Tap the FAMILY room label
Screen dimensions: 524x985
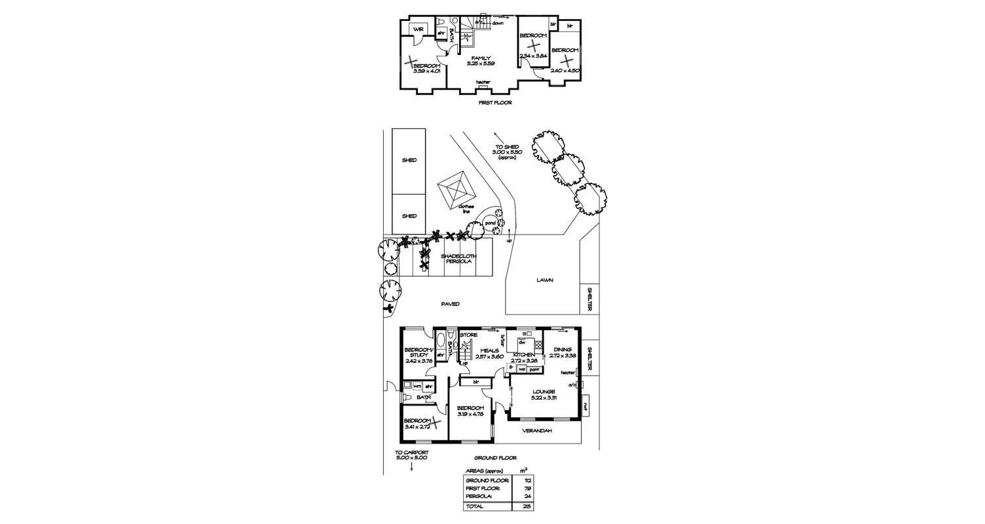(481, 58)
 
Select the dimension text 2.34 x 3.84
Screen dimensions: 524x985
(532, 56)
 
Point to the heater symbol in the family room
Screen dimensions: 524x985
(483, 83)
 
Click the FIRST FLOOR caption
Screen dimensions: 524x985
(495, 103)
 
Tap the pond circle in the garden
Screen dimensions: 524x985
(490, 223)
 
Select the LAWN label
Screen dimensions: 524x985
(545, 280)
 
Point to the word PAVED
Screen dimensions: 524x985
(450, 304)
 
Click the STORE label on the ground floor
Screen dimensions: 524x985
(469, 335)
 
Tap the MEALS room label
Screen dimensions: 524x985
(489, 350)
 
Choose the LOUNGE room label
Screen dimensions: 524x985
(543, 392)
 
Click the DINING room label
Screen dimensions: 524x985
(562, 350)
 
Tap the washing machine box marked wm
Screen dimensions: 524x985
(417, 386)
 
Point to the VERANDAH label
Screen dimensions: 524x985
(536, 430)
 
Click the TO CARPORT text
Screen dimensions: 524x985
(411, 452)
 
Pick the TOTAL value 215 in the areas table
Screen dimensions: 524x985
(527, 507)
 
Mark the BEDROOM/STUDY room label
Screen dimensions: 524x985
(416, 352)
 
